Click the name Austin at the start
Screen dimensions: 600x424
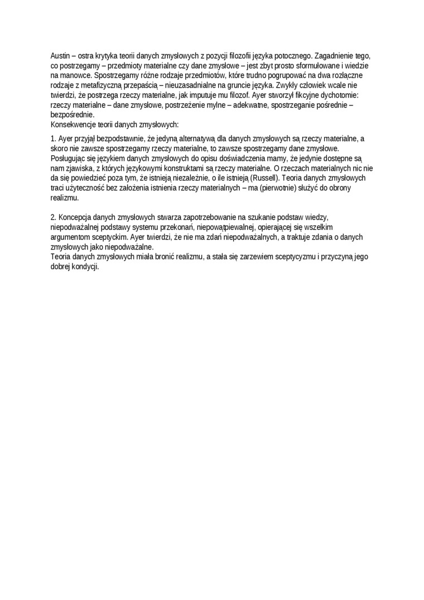[60, 56]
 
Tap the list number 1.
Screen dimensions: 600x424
[52, 138]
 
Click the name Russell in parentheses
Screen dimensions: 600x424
[264, 177]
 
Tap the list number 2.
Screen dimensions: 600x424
[52, 216]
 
